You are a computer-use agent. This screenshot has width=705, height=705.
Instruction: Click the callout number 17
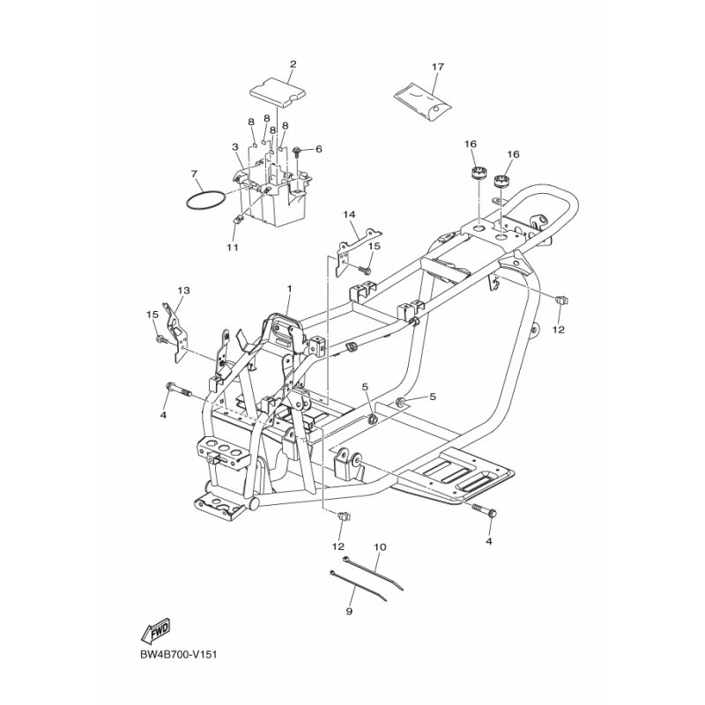pos(437,67)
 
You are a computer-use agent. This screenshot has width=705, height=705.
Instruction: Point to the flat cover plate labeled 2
pos(278,93)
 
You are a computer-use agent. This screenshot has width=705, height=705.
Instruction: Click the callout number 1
pos(290,288)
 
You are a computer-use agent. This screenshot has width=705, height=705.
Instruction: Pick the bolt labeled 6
pos(297,152)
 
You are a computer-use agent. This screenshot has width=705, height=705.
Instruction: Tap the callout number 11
pos(233,248)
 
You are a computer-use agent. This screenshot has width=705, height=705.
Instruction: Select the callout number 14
pos(349,214)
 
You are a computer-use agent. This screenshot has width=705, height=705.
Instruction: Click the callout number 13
pos(184,290)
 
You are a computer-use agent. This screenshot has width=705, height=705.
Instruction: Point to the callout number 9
pos(349,611)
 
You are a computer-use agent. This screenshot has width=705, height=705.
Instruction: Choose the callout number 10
pos(380,547)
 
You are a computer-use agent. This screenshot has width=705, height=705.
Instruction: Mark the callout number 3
pos(234,147)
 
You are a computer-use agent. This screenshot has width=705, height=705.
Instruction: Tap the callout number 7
pos(194,174)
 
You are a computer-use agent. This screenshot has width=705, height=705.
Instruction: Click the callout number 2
pos(293,63)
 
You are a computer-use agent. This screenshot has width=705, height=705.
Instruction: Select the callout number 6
pos(318,149)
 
